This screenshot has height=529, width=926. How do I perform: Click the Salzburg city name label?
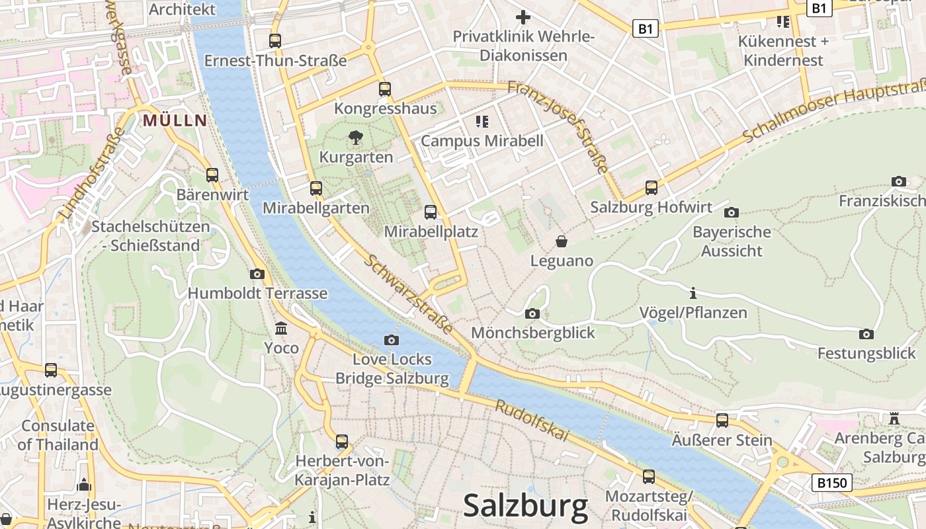pyautogui.click(x=525, y=506)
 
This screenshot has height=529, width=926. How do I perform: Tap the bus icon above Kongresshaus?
pyautogui.click(x=385, y=89)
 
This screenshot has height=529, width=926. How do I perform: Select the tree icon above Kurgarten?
pyautogui.click(x=356, y=138)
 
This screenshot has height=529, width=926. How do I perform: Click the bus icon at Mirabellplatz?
pyautogui.click(x=431, y=212)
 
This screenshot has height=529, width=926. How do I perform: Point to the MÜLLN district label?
pyautogui.click(x=175, y=120)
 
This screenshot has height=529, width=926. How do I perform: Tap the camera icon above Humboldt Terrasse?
pyautogui.click(x=257, y=274)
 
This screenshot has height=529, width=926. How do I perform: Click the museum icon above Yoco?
pyautogui.click(x=281, y=329)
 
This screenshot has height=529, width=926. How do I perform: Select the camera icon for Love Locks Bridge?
pyautogui.click(x=392, y=340)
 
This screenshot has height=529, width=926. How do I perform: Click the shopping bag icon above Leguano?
pyautogui.click(x=562, y=241)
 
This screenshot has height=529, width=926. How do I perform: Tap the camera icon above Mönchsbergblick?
pyautogui.click(x=532, y=313)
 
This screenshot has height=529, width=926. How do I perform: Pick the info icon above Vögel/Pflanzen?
pyautogui.click(x=693, y=293)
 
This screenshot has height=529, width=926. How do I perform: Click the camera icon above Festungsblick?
pyautogui.click(x=866, y=334)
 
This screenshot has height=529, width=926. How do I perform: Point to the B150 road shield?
pyautogui.click(x=831, y=482)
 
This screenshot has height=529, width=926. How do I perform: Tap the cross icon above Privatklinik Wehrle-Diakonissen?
pyautogui.click(x=523, y=17)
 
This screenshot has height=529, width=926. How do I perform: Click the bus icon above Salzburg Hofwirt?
pyautogui.click(x=652, y=188)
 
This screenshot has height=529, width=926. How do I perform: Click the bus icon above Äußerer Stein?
pyautogui.click(x=722, y=421)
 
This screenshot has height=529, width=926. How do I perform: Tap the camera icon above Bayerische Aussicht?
pyautogui.click(x=731, y=212)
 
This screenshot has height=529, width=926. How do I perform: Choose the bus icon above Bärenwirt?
pyautogui.click(x=212, y=175)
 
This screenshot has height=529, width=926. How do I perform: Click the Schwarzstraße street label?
pyautogui.click(x=408, y=294)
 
